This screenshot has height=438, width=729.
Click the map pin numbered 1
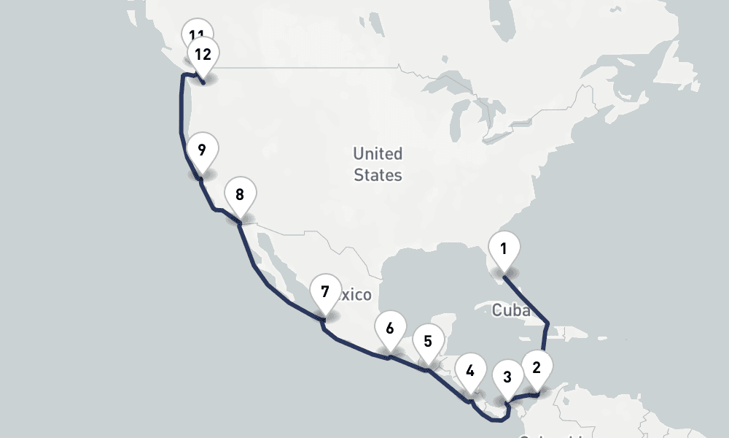coord(503,250)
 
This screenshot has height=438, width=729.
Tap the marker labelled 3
coord(506,378)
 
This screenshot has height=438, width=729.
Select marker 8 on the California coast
coord(240,196)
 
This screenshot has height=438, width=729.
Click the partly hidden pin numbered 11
coord(195,31)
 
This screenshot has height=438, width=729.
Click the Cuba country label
coord(511,310)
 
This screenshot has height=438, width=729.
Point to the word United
coord(378,154)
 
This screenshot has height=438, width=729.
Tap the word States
coord(378,175)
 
